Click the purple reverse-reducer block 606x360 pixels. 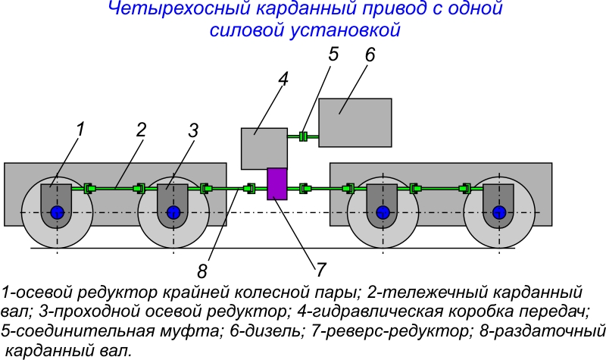pyautogui.click(x=277, y=183)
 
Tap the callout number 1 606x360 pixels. pyautogui.click(x=80, y=129)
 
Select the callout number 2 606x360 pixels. pyautogui.click(x=141, y=129)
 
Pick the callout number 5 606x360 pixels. pyautogui.click(x=334, y=55)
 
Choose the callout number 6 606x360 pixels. pyautogui.click(x=370, y=57)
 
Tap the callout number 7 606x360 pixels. pyautogui.click(x=320, y=268)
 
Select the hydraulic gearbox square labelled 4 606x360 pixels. pyautogui.click(x=264, y=148)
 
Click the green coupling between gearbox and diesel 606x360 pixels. pyautogui.click(x=302, y=136)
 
